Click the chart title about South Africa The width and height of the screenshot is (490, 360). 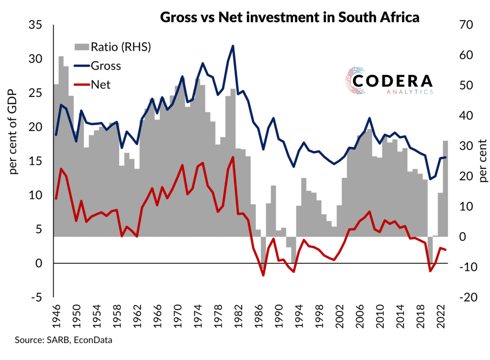pyautogui.click(x=290, y=18)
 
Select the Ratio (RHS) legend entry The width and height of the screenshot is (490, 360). pyautogui.click(x=113, y=46)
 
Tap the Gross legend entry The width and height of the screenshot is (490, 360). pyautogui.click(x=99, y=66)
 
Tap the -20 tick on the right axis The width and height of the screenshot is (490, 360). pyautogui.click(x=469, y=297)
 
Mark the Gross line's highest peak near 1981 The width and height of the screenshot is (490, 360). pyautogui.click(x=233, y=46)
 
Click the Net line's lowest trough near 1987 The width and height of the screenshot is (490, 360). pyautogui.click(x=263, y=275)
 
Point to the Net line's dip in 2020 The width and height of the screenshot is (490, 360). pyautogui.click(x=430, y=271)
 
